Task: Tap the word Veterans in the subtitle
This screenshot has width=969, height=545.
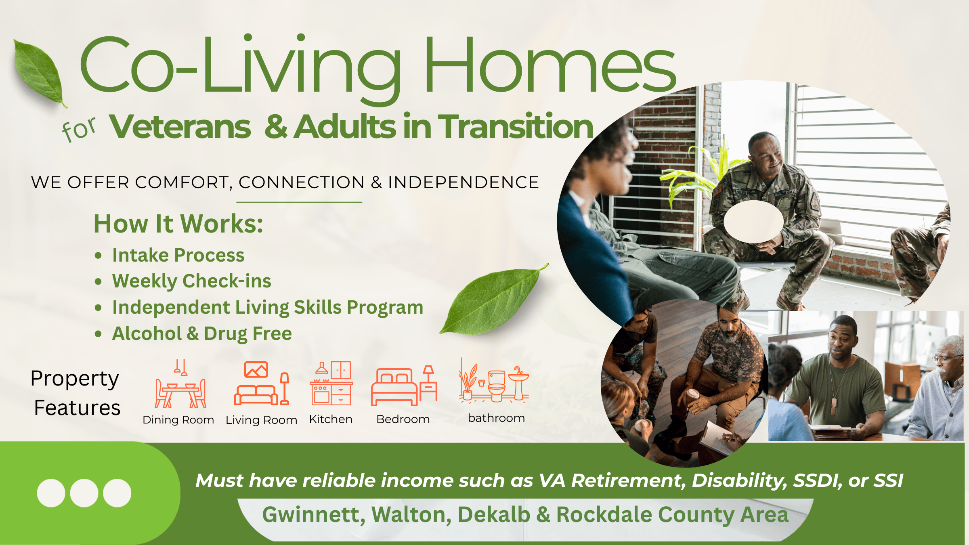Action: pos(180,127)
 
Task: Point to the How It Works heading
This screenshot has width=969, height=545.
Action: pos(178,224)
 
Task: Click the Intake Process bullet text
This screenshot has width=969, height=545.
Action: pos(178,255)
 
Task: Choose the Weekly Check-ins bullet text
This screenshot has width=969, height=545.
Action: pos(192,281)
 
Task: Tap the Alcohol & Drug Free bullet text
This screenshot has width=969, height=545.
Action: pos(202,333)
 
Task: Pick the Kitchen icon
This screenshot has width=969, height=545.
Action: pos(331,383)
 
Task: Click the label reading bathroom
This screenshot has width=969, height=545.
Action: pos(496,418)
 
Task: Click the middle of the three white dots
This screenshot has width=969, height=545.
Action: pos(84,493)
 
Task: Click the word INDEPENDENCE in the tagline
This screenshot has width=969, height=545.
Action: pos(464,182)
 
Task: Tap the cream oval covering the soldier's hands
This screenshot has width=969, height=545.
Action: pos(753,222)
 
